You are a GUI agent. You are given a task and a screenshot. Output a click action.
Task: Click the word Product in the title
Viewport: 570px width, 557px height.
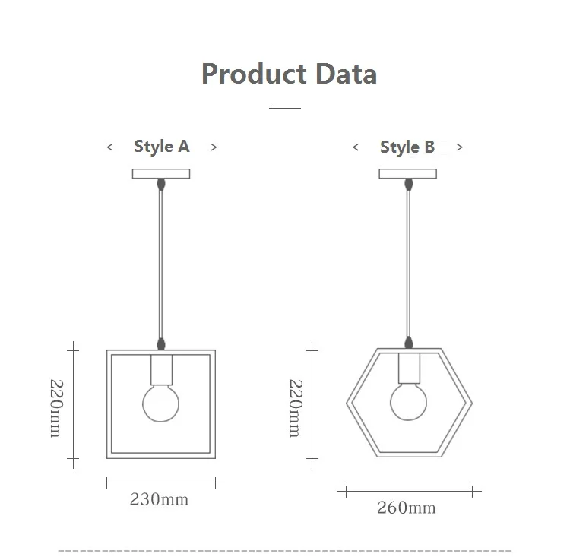point(254,74)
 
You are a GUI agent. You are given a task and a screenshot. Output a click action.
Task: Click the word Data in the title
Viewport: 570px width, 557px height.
point(346,74)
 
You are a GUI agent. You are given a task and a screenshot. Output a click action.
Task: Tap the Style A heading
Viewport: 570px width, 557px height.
point(162,147)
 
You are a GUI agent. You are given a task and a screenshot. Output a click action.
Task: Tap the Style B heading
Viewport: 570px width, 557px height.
point(407,147)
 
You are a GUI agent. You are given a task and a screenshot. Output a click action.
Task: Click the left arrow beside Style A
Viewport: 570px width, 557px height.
point(109,147)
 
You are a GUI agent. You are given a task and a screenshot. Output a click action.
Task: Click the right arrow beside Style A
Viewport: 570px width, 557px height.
point(214,147)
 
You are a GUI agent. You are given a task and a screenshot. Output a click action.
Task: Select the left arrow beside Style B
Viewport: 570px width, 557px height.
point(356,147)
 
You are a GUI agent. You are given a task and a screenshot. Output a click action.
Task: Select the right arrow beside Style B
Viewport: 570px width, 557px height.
point(460,147)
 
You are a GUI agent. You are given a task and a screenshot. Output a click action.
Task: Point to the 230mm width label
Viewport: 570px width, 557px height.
point(160,499)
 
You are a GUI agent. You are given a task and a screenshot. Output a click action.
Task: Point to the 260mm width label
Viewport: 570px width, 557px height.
point(407,508)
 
